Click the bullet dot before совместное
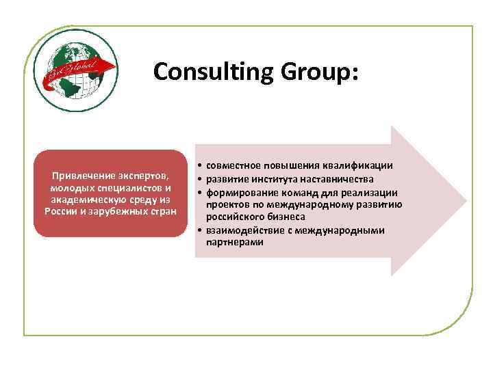click(x=197, y=166)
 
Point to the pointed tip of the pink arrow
click(x=466, y=201)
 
